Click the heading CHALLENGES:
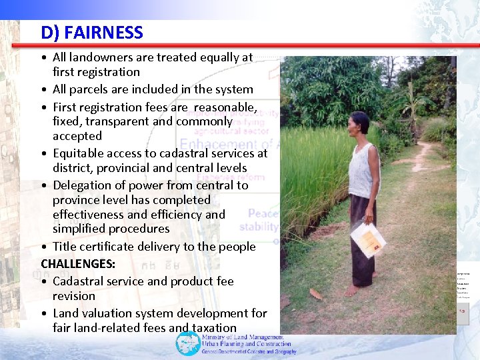(78, 263)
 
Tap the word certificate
(116, 247)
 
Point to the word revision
(74, 295)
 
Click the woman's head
(361, 123)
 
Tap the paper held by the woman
(368, 239)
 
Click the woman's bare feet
(360, 290)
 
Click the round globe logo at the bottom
(187, 343)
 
